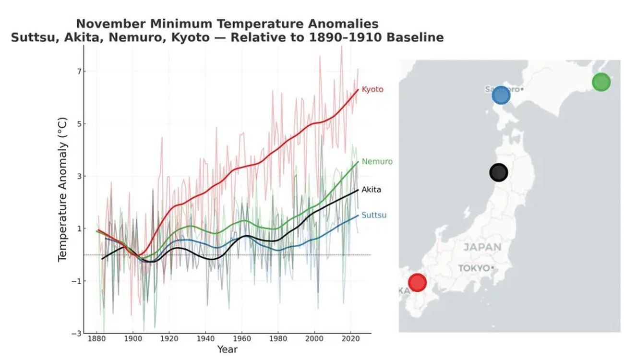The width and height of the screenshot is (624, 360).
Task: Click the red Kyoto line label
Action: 372,89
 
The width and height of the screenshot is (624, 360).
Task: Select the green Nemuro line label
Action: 377,162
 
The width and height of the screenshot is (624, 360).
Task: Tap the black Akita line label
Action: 371,190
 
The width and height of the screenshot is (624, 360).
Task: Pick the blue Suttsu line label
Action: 373,215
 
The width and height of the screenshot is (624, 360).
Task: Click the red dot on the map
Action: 417,283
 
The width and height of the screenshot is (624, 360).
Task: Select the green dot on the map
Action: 601,82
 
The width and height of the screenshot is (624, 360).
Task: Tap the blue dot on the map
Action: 501,96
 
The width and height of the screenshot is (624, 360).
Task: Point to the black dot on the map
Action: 499,172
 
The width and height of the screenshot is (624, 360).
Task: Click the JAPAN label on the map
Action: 482,248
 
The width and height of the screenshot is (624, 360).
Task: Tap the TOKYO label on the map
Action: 474,268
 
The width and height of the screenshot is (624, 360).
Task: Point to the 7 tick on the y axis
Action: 74,72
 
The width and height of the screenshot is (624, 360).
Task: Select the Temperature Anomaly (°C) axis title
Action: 62,190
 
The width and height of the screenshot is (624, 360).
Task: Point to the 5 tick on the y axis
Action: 74,124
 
